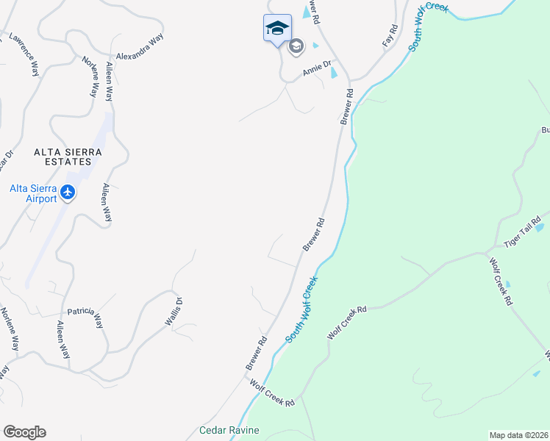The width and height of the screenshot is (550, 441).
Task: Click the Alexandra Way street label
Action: click(139, 45)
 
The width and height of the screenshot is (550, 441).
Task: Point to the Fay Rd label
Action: click(389, 37)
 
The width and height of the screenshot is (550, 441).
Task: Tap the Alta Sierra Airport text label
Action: click(33, 193)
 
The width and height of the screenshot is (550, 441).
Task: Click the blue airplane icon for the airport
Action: click(68, 193)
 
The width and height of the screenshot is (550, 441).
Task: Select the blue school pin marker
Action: click(277, 29)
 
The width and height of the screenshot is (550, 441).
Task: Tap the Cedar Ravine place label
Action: click(229, 430)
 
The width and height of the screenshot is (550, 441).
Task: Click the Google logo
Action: click(24, 432)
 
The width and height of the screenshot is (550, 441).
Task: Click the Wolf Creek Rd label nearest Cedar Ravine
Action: click(272, 393)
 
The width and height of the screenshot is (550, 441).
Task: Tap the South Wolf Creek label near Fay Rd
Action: click(428, 26)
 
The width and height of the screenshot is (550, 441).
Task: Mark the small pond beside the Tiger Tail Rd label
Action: click(540, 228)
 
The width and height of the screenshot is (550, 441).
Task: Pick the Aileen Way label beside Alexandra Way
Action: click(110, 82)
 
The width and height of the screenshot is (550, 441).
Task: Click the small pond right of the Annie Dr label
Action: click(334, 72)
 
